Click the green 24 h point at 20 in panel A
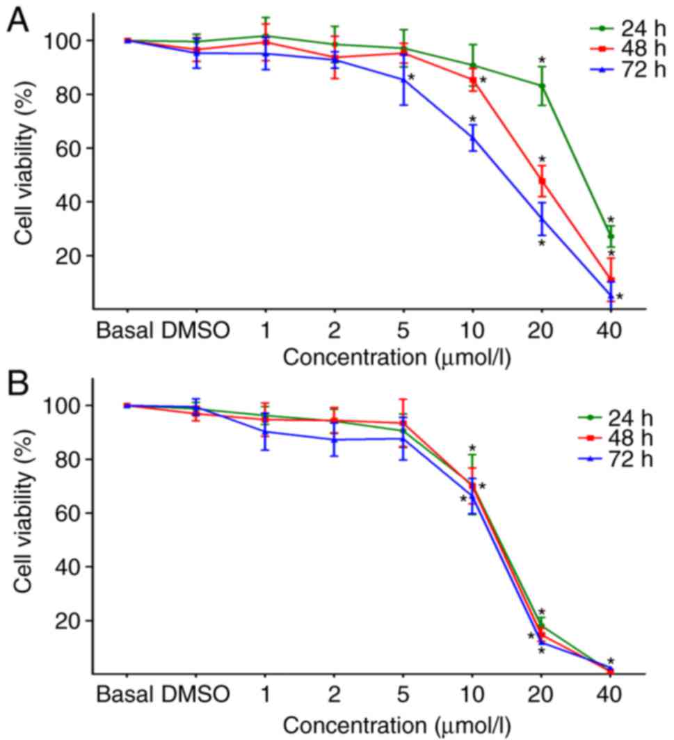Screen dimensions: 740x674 pos(541,86)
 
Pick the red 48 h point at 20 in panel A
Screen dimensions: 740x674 pos(541,181)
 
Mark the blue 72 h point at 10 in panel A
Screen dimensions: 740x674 pos(472,137)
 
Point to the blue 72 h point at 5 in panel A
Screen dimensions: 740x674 pos(403,80)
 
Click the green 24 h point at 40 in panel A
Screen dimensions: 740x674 pos(610,236)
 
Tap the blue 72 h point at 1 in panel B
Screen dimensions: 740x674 pos(265,432)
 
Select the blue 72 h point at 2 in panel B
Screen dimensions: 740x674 pos(334,440)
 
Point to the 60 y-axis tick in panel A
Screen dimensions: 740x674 pos(72,148)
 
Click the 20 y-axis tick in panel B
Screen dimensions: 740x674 pos(72,620)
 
